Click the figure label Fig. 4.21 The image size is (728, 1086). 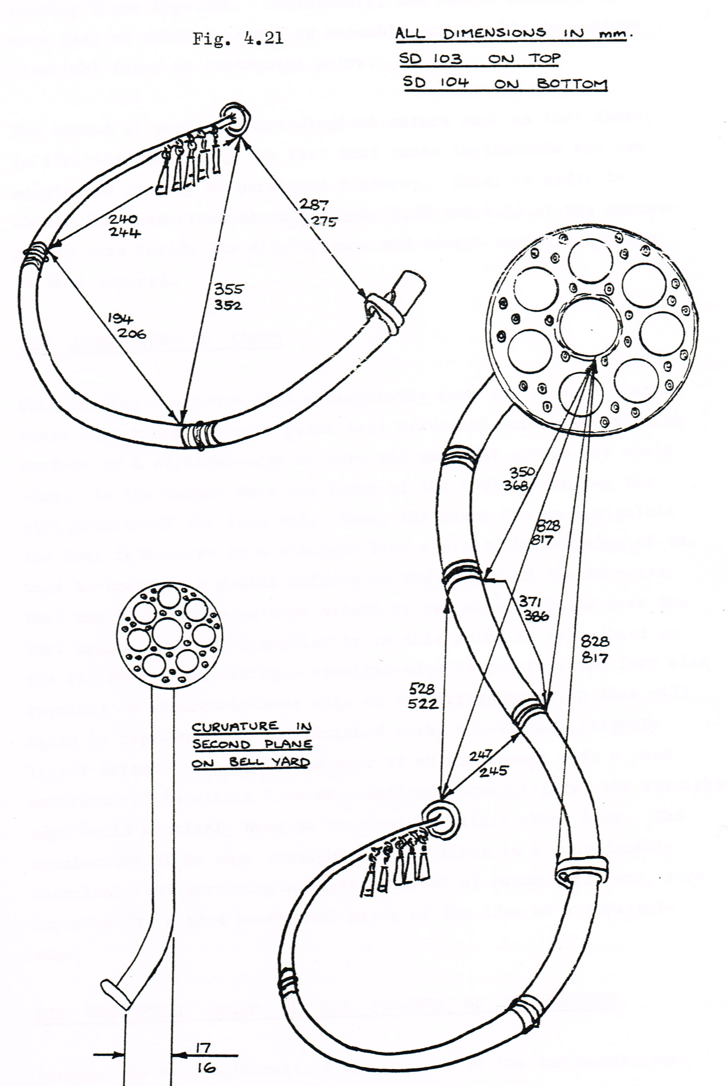238,38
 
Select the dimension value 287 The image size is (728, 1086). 313,205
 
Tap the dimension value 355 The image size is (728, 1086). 228,289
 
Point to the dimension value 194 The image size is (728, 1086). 120,318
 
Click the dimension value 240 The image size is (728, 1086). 123,218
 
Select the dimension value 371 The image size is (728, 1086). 530,601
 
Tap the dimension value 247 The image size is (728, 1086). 480,755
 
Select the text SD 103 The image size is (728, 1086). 430,59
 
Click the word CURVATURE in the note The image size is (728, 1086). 235,727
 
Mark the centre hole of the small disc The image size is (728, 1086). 167,634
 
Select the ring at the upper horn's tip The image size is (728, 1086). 235,118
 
